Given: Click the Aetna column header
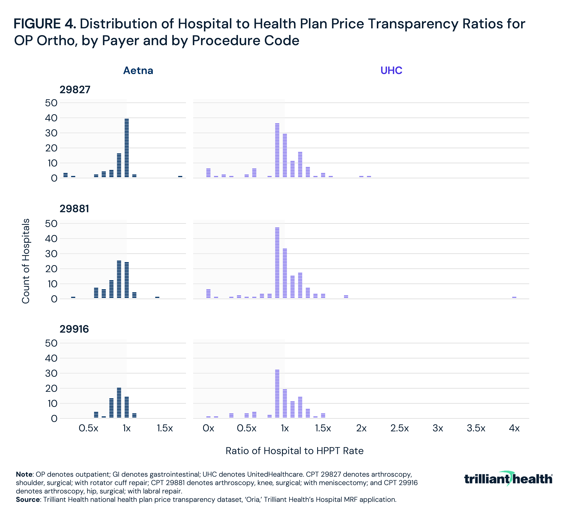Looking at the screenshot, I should pos(138,70).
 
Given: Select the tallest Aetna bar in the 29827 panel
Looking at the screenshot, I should pos(126,148).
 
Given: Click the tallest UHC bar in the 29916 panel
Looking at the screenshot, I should pos(277,394).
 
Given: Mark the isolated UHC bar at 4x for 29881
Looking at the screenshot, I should pos(514,297).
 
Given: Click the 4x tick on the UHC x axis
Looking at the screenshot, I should pos(514,428).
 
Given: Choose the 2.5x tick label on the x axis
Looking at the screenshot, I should pos(400,428).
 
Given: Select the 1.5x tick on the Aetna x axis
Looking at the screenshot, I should pos(165,428).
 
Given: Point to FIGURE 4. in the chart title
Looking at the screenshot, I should pos(44,24).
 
